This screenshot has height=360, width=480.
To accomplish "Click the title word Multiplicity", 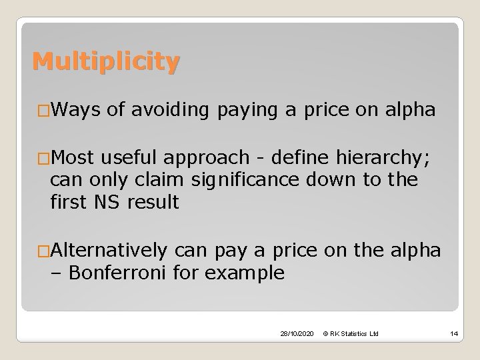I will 106,62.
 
